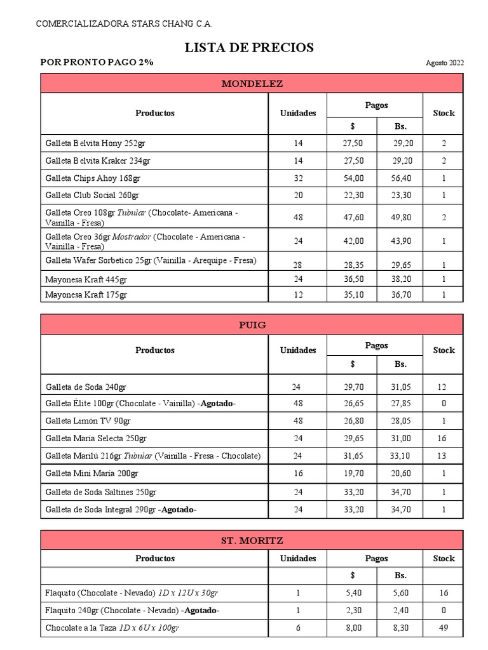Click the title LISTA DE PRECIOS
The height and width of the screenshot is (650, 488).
[x=249, y=48]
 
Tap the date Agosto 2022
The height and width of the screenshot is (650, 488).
[x=445, y=63]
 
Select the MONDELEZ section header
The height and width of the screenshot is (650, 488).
[x=252, y=84]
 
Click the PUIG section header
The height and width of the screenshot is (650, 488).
[x=252, y=325]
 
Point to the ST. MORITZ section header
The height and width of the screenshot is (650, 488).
[x=252, y=541]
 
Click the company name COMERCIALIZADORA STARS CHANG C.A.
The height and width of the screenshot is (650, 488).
[x=125, y=24]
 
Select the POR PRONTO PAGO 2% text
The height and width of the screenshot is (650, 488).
[x=97, y=62]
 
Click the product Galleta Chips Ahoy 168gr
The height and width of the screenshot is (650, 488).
[x=93, y=178]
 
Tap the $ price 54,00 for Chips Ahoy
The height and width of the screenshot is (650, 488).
[x=353, y=178]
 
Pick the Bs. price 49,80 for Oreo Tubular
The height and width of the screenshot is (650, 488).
[x=401, y=218]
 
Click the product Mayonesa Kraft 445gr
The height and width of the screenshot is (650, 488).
[x=86, y=279]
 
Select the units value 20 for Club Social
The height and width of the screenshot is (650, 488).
[x=298, y=196]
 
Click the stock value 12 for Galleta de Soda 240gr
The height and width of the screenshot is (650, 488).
[x=443, y=386]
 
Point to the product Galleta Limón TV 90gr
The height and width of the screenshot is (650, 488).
[x=88, y=421]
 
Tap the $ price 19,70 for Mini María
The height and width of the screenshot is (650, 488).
[x=353, y=474]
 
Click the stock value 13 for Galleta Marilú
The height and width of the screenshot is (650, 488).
[x=443, y=456]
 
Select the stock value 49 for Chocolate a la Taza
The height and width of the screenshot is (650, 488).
[x=443, y=628]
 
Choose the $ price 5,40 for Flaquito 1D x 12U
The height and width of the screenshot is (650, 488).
[x=353, y=593]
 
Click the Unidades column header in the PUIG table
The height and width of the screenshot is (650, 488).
[x=298, y=350]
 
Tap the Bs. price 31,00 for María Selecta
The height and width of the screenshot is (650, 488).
[x=401, y=438]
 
